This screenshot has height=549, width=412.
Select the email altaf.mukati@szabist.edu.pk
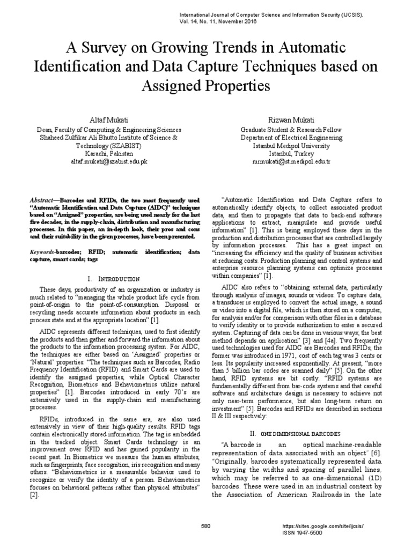click(109, 161)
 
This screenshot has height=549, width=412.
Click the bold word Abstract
click(41, 198)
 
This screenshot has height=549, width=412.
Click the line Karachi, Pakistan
click(109, 153)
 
